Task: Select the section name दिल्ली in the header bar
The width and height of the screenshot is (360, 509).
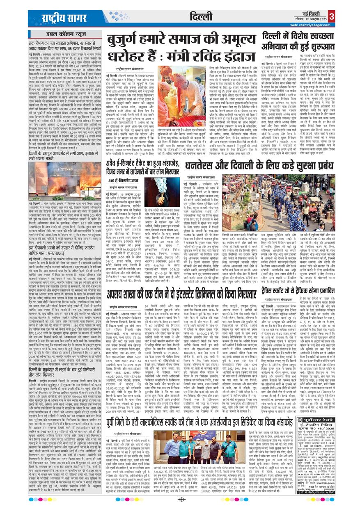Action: coord(201,17)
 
